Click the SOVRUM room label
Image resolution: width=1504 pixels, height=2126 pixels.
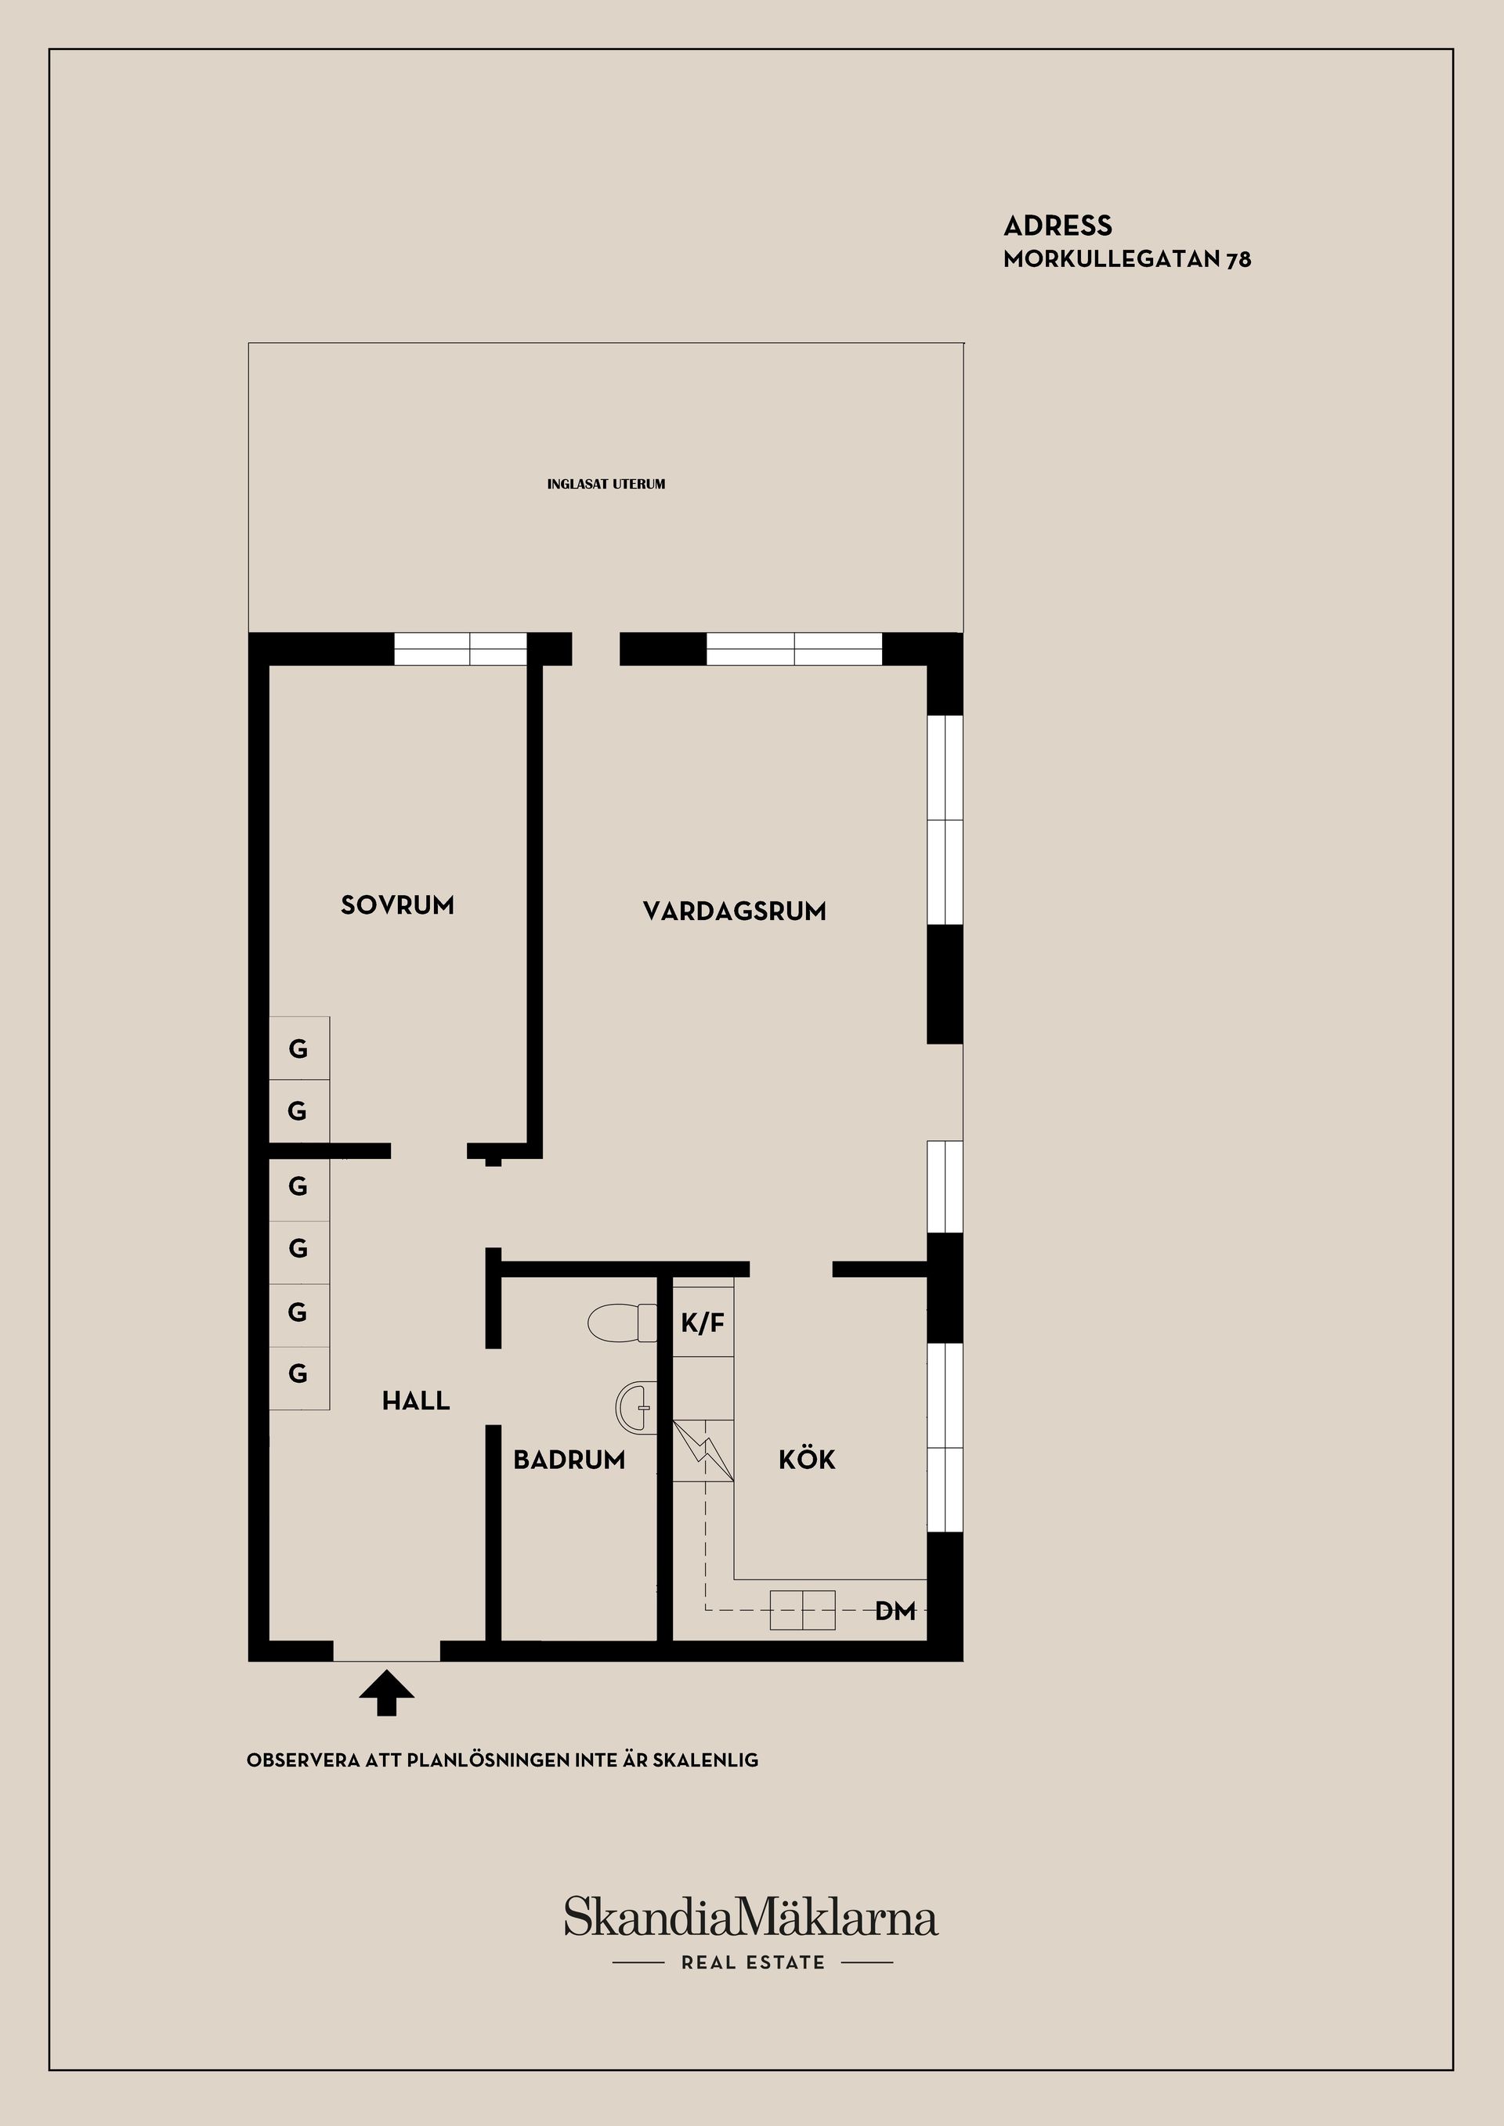point(397,904)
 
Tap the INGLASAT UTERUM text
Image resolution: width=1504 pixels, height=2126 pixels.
point(606,484)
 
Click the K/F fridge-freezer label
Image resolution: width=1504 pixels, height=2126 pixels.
point(703,1324)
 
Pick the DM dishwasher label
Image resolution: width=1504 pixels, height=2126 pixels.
point(895,1612)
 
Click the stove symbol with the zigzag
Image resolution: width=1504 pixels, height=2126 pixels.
point(703,1449)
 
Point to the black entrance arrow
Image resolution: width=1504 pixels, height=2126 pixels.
point(386,1694)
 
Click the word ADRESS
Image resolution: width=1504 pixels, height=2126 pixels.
point(1057,226)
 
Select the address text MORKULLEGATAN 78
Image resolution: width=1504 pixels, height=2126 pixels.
point(1127,260)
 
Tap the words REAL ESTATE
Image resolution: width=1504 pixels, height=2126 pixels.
point(753,1962)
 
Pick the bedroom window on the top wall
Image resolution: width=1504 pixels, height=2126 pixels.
point(461,648)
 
